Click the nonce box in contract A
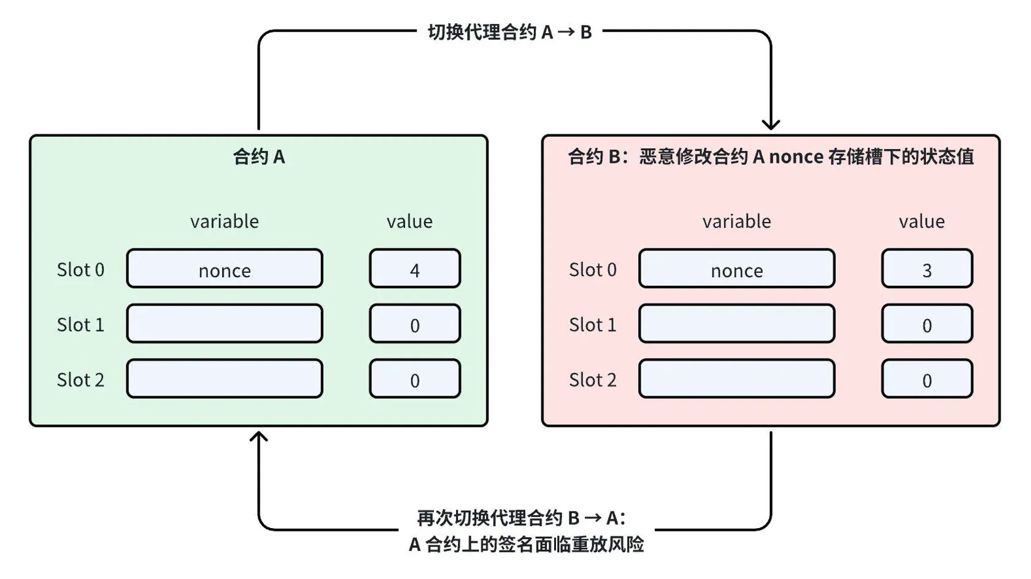225,269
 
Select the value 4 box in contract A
415,269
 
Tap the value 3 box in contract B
927,269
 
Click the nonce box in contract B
736,269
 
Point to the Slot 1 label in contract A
80,324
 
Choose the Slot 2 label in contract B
592,380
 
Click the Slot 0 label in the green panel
80,269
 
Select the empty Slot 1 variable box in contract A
225,324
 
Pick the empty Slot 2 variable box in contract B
736,379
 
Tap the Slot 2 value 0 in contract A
415,379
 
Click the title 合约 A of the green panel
259,157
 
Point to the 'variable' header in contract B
736,221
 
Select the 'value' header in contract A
409,221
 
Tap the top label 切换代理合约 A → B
509,32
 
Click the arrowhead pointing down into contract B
771,125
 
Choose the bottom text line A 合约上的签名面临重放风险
526,544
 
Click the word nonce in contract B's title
796,157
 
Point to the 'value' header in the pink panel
922,221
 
